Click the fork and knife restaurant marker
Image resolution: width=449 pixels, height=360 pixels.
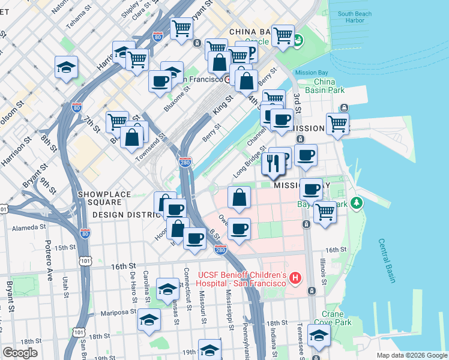click(x=273, y=163)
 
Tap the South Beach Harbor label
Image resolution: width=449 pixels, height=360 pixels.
click(x=359, y=17)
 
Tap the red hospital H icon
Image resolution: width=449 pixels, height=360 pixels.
click(x=295, y=278)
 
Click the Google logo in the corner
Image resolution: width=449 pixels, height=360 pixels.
click(x=20, y=352)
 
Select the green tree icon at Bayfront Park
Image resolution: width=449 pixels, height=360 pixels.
click(x=358, y=203)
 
